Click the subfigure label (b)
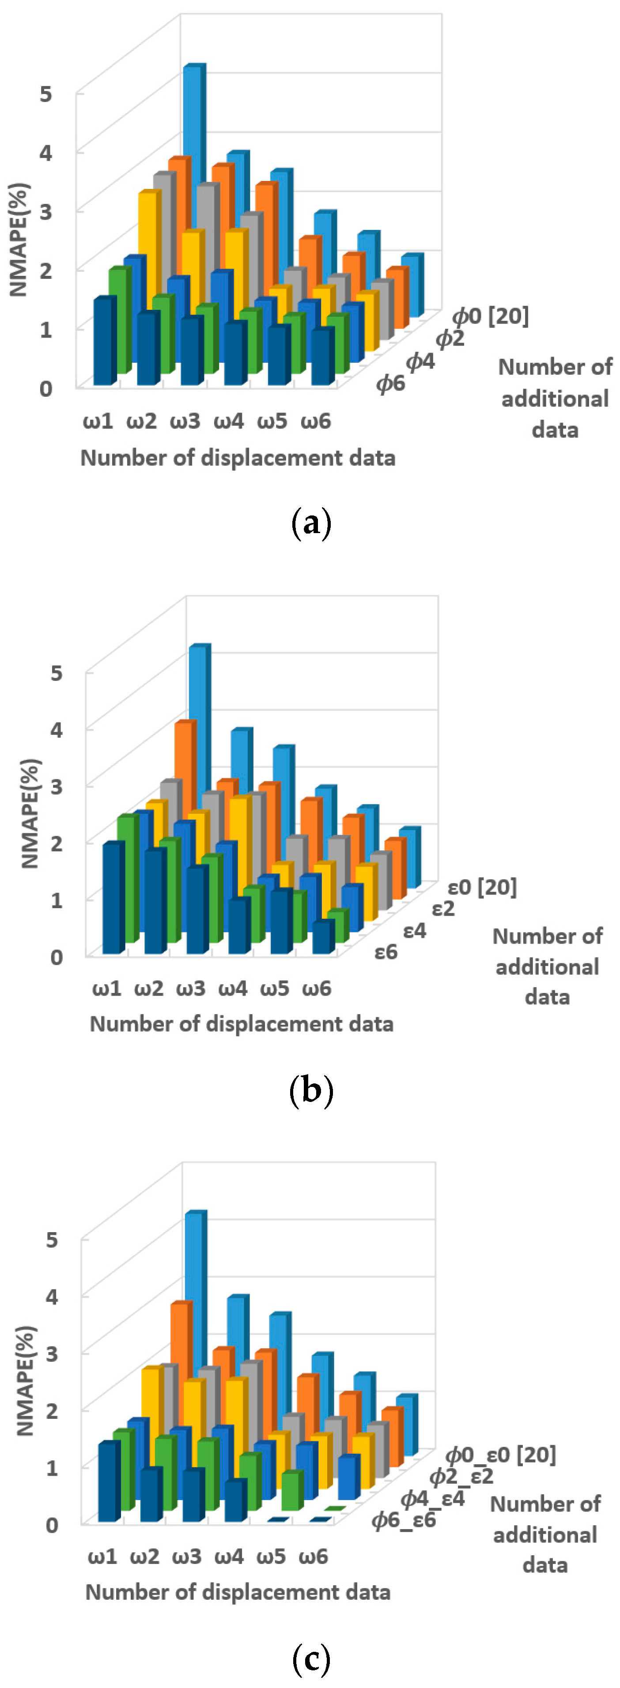point(310,1091)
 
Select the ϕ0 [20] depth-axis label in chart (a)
point(490,316)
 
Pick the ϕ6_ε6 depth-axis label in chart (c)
point(404,1519)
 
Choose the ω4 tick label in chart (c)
point(229,1556)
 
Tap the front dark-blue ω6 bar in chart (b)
point(322,938)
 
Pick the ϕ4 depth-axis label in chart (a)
point(420,361)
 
